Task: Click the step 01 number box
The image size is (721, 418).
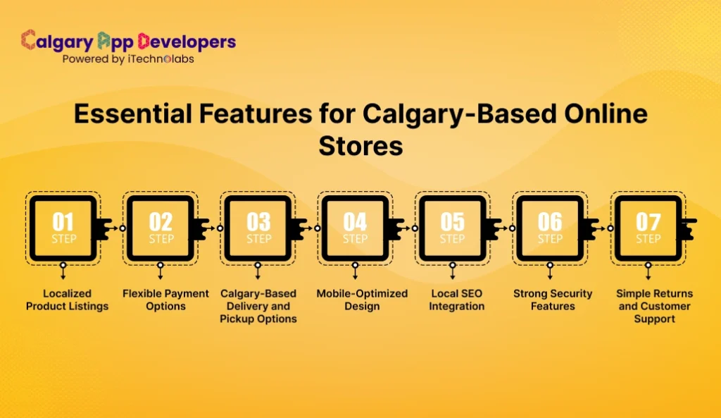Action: (x=63, y=228)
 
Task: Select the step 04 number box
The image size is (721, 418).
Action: (x=355, y=228)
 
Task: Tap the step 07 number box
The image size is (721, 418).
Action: (x=648, y=228)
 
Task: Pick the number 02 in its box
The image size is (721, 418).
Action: (x=161, y=222)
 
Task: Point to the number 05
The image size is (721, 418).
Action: (x=452, y=222)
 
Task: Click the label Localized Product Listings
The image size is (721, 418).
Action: (x=67, y=300)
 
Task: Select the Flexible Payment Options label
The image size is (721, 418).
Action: (x=165, y=300)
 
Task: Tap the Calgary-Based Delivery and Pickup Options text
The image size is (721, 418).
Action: (x=258, y=306)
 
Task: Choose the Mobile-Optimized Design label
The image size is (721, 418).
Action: (x=362, y=300)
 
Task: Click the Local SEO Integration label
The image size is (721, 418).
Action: (x=457, y=300)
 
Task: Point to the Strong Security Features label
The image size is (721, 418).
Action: (x=553, y=300)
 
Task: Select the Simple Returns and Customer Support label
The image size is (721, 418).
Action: (x=654, y=306)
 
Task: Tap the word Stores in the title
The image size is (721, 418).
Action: (x=360, y=146)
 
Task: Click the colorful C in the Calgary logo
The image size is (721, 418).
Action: (x=29, y=40)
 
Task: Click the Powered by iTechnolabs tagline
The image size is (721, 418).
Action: (x=128, y=59)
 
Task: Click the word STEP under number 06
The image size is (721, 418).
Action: (x=550, y=239)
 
